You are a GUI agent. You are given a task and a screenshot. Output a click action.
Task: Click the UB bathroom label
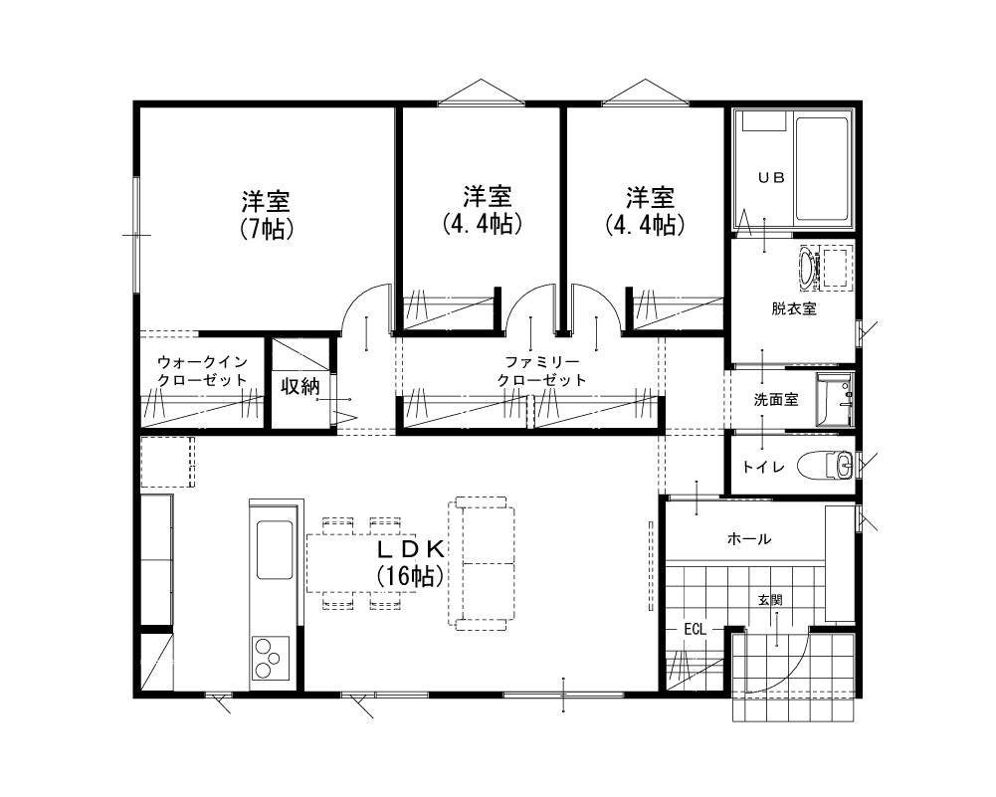coord(771,178)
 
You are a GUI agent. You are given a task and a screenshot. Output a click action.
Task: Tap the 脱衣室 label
coord(794,308)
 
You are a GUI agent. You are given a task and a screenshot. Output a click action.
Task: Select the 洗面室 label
coord(775,399)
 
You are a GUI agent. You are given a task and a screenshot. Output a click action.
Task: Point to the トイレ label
coord(763,468)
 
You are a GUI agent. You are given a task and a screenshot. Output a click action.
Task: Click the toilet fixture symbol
coord(826,465)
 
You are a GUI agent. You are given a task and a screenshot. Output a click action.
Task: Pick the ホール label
coord(749,539)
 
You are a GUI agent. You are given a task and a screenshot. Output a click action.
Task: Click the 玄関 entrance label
coord(770,600)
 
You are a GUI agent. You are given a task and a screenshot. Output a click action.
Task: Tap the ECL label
coord(695,630)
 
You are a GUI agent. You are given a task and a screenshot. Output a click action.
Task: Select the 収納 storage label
coord(299,386)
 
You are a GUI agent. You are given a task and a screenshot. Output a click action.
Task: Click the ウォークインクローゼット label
coord(202,371)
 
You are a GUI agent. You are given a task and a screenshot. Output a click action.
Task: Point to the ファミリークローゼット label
coord(542,371)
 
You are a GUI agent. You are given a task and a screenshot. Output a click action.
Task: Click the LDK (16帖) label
coord(411,563)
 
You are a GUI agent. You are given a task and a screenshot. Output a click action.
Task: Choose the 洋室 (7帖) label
coord(266,215)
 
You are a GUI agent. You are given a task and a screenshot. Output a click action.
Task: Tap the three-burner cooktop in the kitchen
coord(271,659)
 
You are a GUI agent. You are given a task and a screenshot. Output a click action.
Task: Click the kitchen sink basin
coord(275,550)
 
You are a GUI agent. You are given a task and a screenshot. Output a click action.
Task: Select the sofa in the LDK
coord(482,563)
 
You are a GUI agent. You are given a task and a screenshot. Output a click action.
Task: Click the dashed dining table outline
coord(361,563)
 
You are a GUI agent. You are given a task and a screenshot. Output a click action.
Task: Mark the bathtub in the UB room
coord(821,168)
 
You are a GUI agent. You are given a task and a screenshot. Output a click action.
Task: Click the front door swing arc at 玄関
coord(795,674)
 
